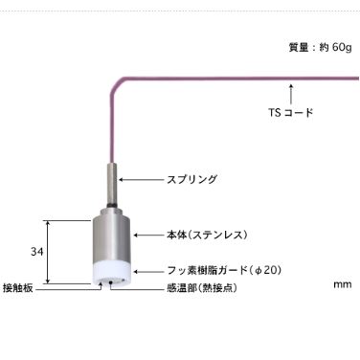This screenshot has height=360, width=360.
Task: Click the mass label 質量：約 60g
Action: coord(319,47)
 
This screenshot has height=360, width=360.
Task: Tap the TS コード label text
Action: coord(290,113)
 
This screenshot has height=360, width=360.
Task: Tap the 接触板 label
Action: coord(19,287)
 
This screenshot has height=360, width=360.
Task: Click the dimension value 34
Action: coord(36,251)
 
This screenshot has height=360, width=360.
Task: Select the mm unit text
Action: coord(343,284)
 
